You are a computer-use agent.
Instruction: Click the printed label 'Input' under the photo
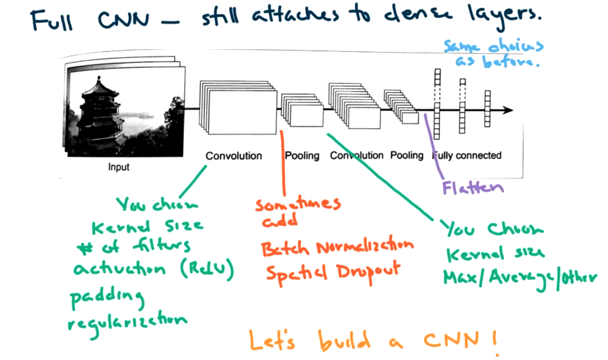coord(119,167)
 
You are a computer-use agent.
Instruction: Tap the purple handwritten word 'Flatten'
coord(473,188)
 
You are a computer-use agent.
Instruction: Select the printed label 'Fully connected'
coord(467,155)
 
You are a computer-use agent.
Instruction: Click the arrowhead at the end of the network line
coord(508,110)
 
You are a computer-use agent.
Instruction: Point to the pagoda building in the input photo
coord(100,112)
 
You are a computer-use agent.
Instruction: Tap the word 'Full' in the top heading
coord(52,21)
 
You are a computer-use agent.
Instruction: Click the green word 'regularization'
coord(127,322)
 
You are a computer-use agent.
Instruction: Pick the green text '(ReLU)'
coord(207,268)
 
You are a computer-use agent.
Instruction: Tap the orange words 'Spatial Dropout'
coord(333,273)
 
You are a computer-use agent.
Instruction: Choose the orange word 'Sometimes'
coord(297,204)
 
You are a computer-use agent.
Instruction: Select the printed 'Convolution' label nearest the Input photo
coord(234,156)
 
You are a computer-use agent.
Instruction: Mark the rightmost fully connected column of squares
coord(487,109)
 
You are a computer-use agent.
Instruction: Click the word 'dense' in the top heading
coord(417,15)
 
